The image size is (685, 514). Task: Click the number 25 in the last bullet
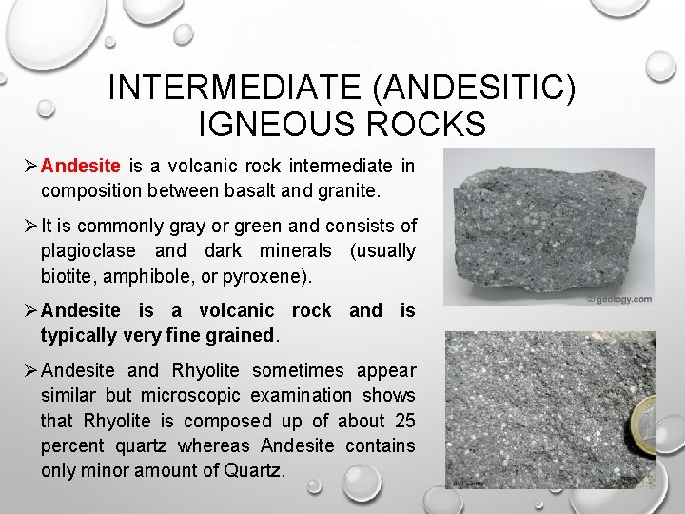pos(403,420)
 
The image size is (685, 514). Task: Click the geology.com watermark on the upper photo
pos(620,299)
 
